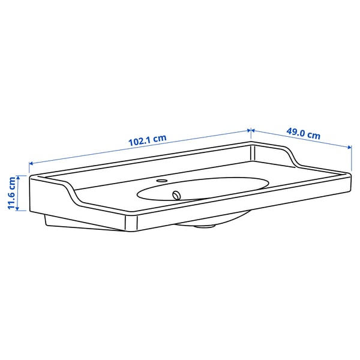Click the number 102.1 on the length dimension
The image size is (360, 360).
[x=140, y=142]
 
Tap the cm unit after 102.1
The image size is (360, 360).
[x=159, y=139]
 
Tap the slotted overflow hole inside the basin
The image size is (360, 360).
[x=176, y=194]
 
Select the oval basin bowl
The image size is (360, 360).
[x=204, y=187]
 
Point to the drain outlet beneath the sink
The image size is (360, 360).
[x=206, y=226]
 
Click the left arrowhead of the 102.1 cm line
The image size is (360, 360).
[x=31, y=163]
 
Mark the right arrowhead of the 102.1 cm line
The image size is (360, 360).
[x=248, y=130]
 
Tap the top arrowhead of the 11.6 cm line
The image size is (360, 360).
[x=20, y=176]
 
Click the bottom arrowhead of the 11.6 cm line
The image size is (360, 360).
[x=20, y=210]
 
